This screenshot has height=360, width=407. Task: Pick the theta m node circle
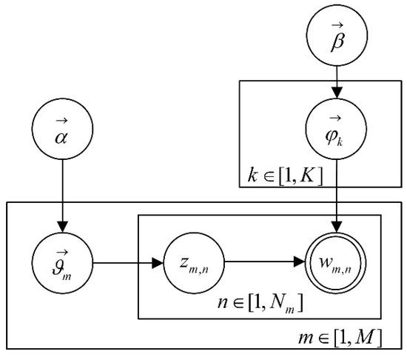click(62, 261)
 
